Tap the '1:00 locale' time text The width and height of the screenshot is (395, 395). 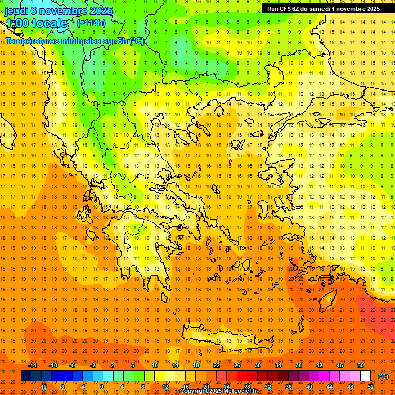click(x=37, y=23)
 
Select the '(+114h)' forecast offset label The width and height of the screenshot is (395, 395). click(x=91, y=23)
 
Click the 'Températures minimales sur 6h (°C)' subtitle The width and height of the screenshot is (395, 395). click(x=75, y=41)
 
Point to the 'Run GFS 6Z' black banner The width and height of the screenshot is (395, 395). click(x=323, y=8)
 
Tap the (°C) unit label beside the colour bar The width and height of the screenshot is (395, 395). click(x=383, y=376)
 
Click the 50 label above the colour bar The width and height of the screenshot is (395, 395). click(x=360, y=365)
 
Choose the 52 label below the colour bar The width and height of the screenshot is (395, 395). click(x=370, y=387)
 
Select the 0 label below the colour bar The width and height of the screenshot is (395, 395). click(x=102, y=387)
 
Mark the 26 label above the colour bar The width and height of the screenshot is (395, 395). click(x=237, y=365)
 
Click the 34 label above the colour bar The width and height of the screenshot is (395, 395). click(x=278, y=365)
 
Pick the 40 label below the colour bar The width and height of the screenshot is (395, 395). click(x=309, y=387)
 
